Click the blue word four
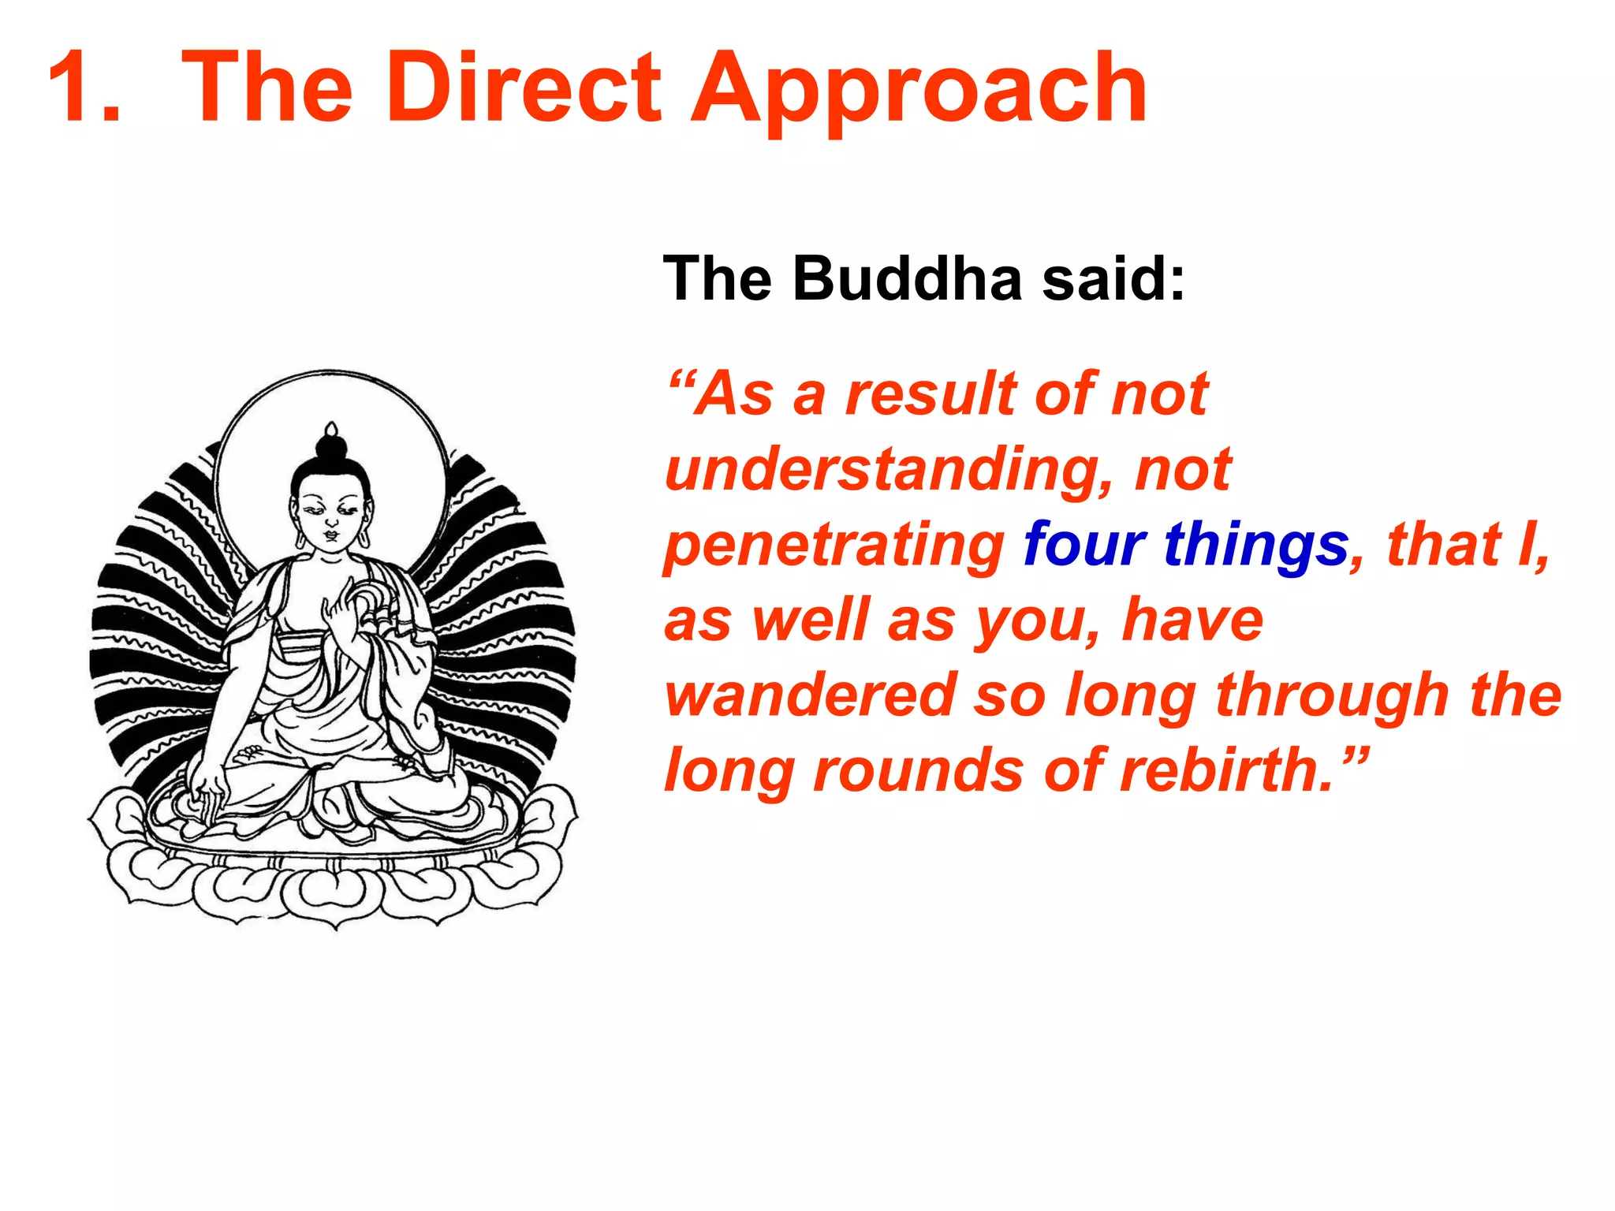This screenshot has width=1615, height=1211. pos(1084,545)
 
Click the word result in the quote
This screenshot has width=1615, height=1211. pos(931,394)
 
